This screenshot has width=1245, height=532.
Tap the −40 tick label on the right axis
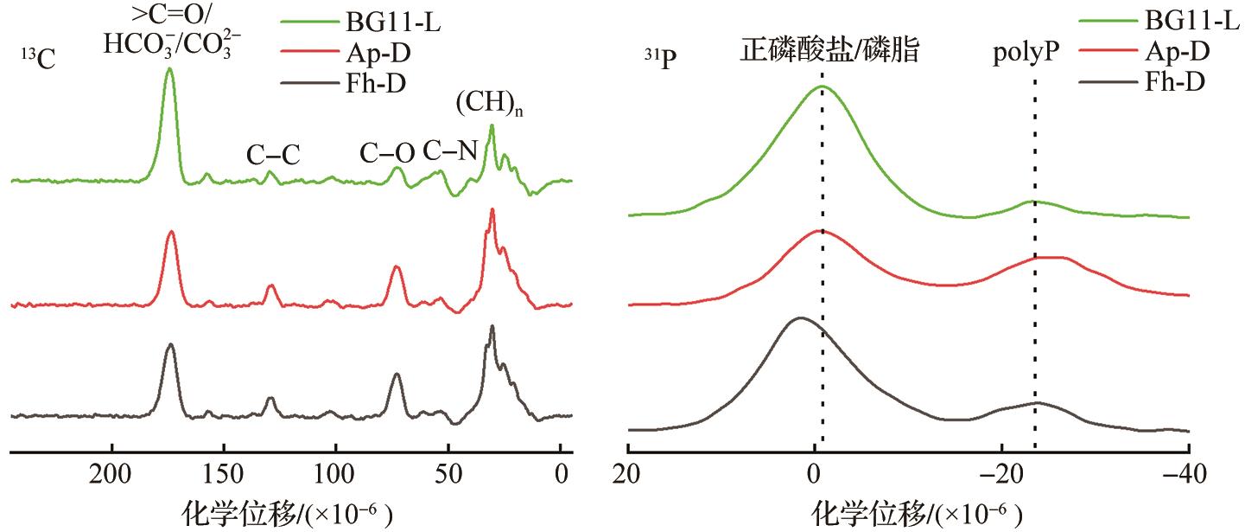pos(1189,472)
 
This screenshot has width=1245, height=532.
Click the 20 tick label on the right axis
pos(628,472)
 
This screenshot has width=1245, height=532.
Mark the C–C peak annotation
pos(273,156)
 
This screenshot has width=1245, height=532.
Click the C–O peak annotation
pos(387,154)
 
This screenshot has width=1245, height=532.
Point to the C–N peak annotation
pos(449,151)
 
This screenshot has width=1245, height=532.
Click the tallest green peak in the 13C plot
pos(169,68)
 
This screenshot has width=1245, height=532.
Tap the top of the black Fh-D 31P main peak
pos(800,318)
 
